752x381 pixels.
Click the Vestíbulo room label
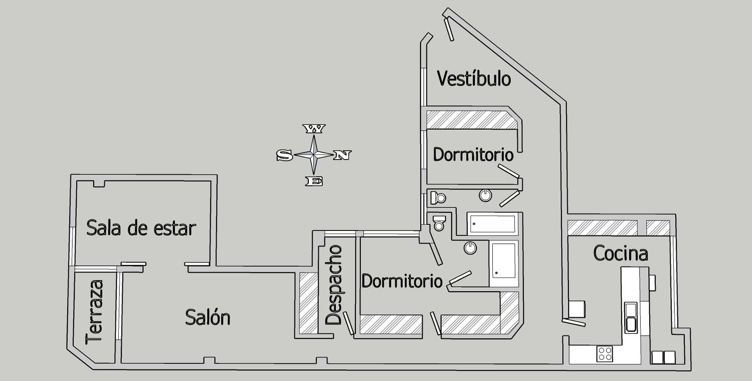(x=474, y=79)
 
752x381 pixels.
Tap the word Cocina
(x=620, y=253)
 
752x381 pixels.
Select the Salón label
(x=208, y=318)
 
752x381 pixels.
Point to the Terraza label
(x=95, y=312)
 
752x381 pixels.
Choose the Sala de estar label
(x=141, y=228)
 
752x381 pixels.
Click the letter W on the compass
(x=314, y=130)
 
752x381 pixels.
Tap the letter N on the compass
(x=342, y=155)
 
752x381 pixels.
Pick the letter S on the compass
(x=284, y=156)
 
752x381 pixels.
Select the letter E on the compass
(x=314, y=181)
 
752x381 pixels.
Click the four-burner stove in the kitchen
(x=605, y=353)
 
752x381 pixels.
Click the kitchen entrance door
(x=574, y=321)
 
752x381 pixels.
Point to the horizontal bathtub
(x=492, y=224)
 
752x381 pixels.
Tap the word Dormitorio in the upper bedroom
(x=473, y=155)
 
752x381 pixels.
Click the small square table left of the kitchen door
(x=577, y=308)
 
